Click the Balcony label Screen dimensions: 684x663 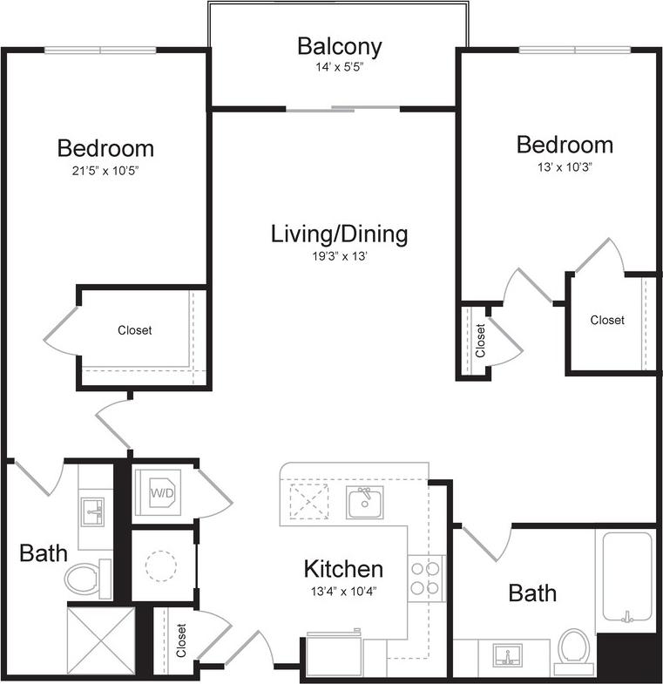[x=339, y=45]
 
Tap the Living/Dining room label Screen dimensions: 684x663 [x=339, y=234]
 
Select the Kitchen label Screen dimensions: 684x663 [x=343, y=570]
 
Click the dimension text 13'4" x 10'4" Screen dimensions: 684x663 [x=343, y=590]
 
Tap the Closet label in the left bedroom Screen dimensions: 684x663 [x=135, y=330]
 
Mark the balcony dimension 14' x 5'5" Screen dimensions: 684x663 [x=339, y=66]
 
